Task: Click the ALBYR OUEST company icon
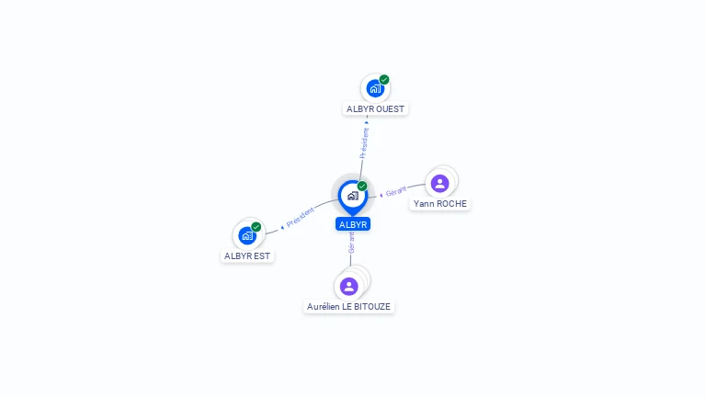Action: click(x=374, y=88)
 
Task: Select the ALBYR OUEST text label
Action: click(x=375, y=108)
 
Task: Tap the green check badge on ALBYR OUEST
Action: click(x=384, y=80)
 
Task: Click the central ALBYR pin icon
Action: click(x=352, y=196)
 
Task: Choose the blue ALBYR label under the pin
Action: click(x=353, y=224)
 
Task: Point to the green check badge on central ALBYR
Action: click(x=362, y=187)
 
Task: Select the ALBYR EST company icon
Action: click(x=246, y=235)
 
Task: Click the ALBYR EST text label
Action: click(x=248, y=255)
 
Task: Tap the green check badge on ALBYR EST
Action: click(x=256, y=227)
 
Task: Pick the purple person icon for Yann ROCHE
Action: click(x=440, y=183)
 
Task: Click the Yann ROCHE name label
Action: click(x=440, y=203)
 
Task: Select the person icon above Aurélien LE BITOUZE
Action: click(x=349, y=286)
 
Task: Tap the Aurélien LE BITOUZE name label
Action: click(x=349, y=306)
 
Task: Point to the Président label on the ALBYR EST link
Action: click(x=301, y=218)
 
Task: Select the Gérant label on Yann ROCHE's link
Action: click(x=396, y=191)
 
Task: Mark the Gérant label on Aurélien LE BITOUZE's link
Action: click(x=351, y=243)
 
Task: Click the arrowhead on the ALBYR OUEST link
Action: click(x=367, y=121)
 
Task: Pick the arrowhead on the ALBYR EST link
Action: click(x=282, y=226)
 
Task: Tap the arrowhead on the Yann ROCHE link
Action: click(x=381, y=195)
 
